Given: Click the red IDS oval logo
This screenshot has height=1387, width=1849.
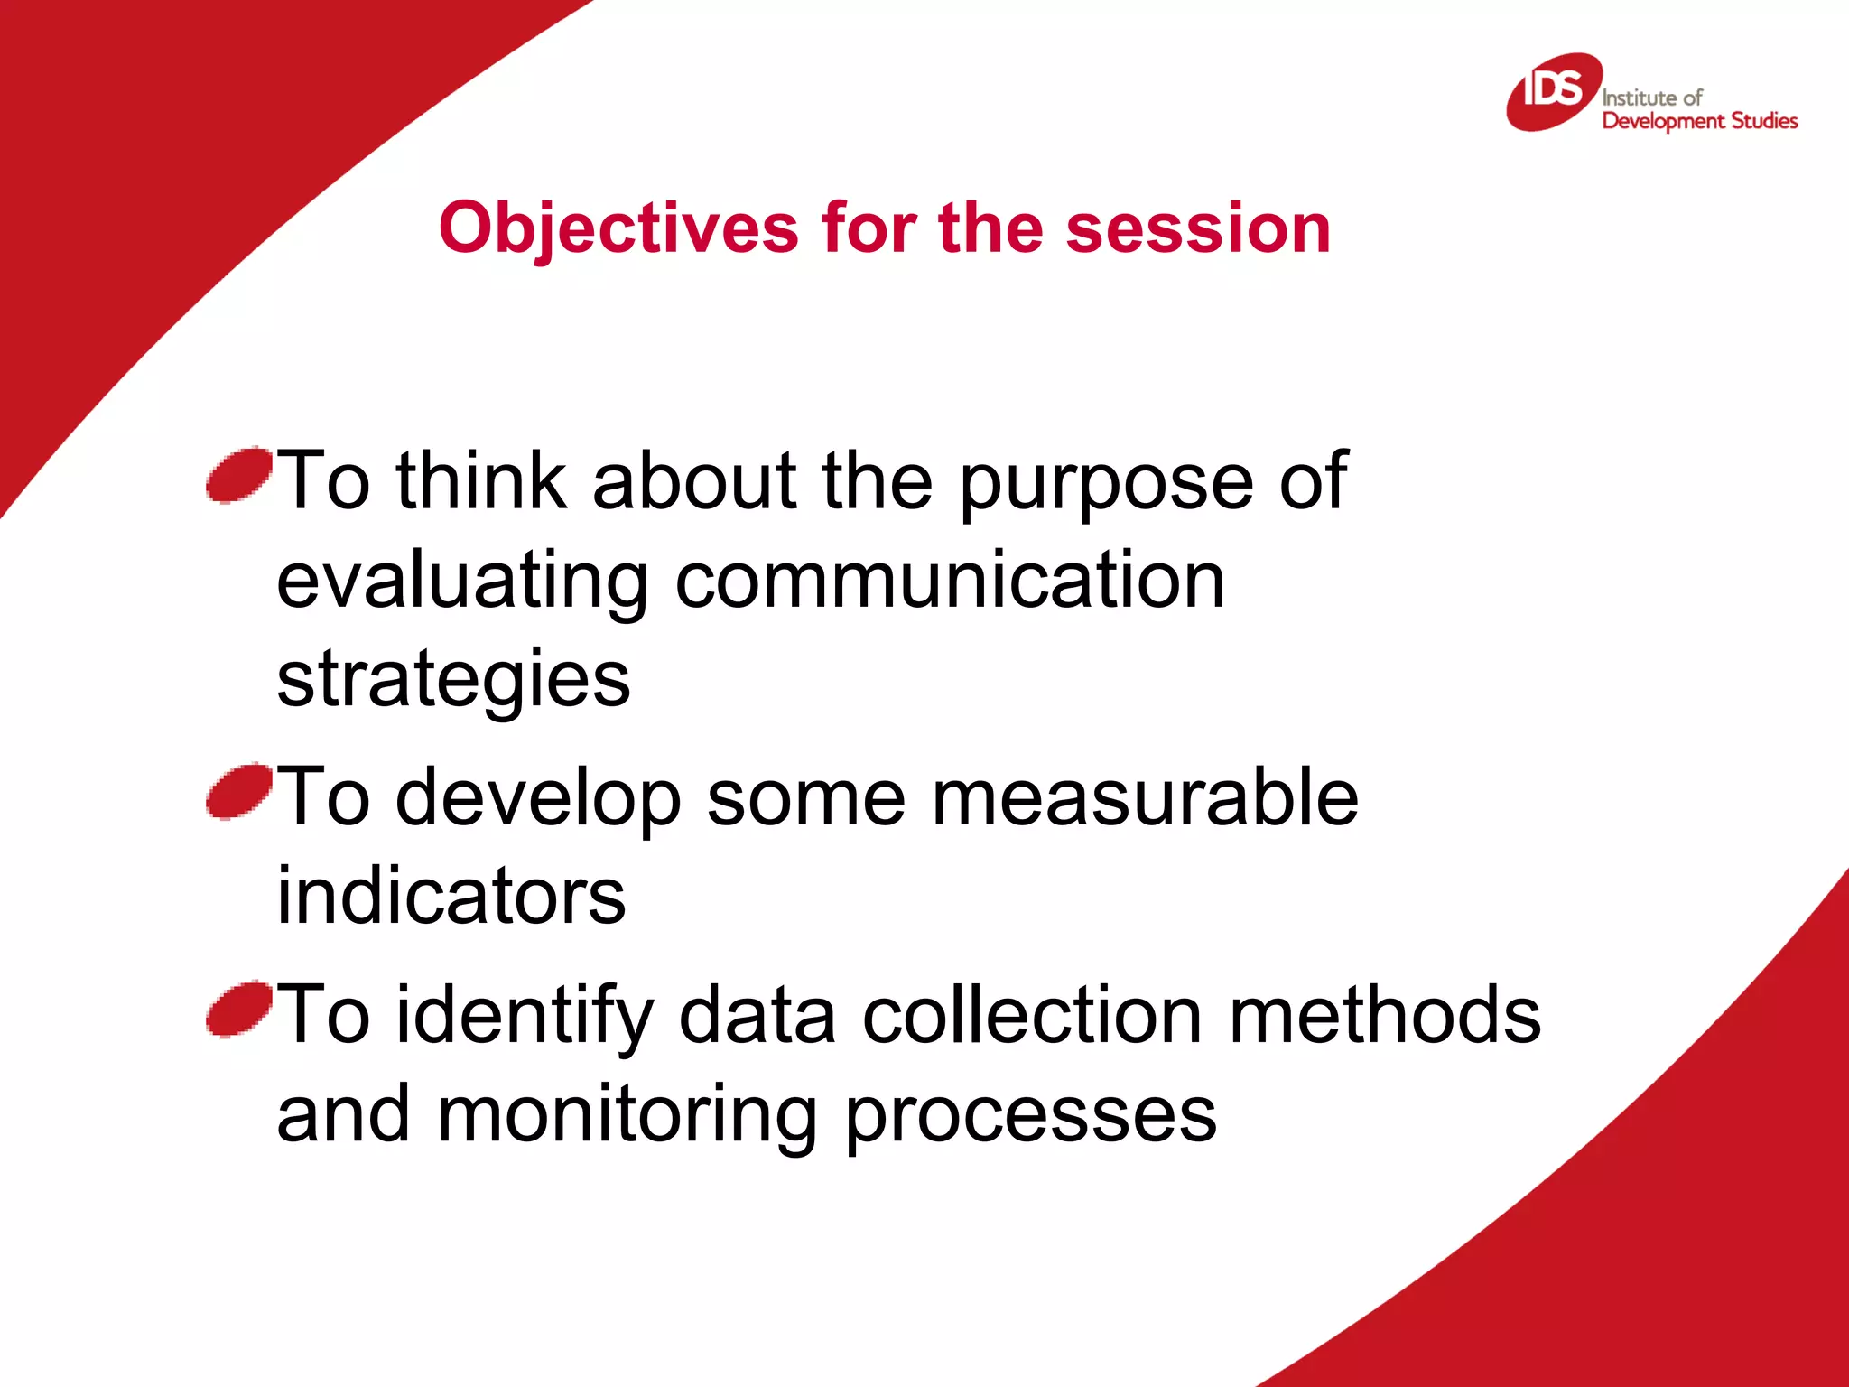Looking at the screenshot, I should [1554, 91].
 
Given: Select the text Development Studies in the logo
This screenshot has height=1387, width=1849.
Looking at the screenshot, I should [1700, 121].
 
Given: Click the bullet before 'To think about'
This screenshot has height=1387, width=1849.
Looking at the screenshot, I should [238, 474].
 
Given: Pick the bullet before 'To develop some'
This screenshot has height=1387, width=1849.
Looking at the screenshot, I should [238, 791].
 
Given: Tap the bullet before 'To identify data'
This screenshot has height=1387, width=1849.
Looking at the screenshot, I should [238, 1009].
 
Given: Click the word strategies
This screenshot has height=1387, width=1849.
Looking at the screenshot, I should [453, 680].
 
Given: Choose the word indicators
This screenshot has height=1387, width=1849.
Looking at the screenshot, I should [451, 896].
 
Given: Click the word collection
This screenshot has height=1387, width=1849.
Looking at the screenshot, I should [1031, 1015].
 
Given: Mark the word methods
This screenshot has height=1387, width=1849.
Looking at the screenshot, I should [1385, 1015].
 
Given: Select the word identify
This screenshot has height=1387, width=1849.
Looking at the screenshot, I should [525, 1017].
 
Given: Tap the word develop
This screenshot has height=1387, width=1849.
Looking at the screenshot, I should [538, 799].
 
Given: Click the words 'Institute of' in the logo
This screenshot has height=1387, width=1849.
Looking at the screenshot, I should [1651, 98].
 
